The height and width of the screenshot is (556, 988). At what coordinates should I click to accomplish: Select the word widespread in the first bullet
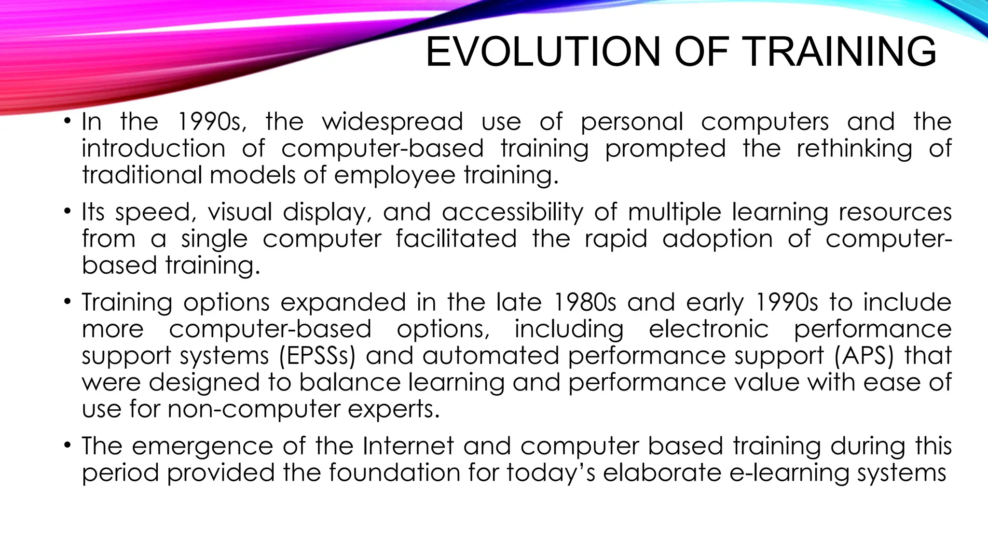pyautogui.click(x=392, y=122)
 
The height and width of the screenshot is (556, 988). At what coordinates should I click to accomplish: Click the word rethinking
pyautogui.click(x=854, y=149)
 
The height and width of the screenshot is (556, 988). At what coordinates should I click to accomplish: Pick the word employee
pyautogui.click(x=394, y=175)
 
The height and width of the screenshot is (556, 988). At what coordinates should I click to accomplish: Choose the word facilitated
pyautogui.click(x=456, y=238)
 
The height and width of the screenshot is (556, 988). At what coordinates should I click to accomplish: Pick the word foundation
pyautogui.click(x=394, y=473)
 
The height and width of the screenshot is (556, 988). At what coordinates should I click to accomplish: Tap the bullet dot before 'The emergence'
pyautogui.click(x=68, y=445)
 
